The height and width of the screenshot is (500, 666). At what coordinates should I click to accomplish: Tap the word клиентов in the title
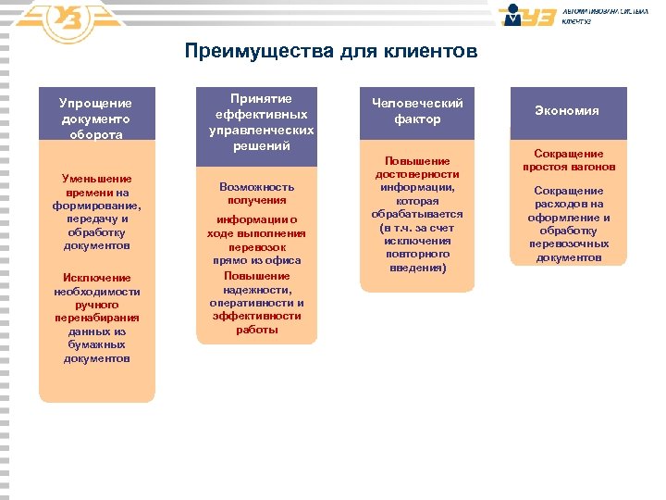432,51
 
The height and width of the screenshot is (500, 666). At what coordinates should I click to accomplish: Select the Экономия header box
566,110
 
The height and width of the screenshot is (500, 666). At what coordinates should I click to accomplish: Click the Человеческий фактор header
416,111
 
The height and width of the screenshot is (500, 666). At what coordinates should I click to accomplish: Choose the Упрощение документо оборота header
96,118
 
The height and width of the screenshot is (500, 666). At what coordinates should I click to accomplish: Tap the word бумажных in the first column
96,344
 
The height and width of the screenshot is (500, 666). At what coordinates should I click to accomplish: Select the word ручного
96,304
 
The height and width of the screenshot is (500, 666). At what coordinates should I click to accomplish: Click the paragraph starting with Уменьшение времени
96,212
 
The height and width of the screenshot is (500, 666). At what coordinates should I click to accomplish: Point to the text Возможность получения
257,193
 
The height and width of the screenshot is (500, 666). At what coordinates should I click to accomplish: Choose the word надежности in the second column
257,290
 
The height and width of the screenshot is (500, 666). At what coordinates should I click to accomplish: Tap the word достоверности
416,174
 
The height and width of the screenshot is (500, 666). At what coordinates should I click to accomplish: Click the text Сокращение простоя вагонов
566,160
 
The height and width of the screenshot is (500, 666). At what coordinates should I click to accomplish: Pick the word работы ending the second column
257,330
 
